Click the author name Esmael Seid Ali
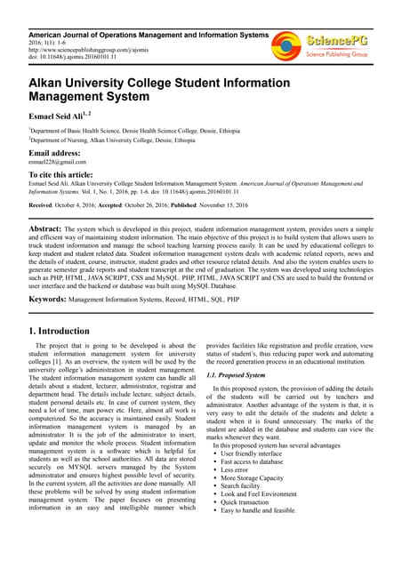[63, 114]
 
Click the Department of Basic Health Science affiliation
[133, 131]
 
